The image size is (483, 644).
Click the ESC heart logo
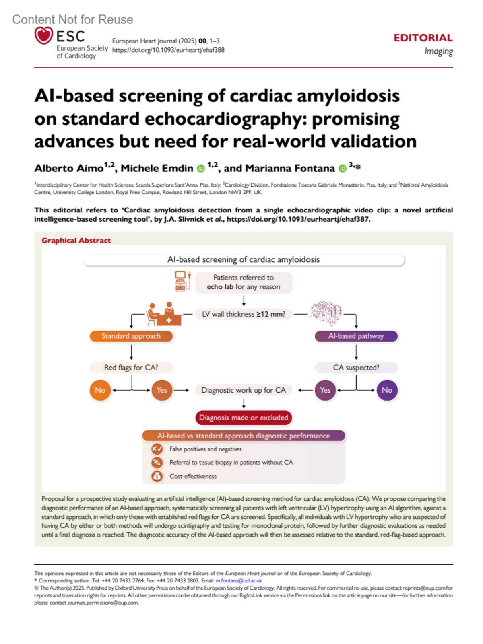point(43,35)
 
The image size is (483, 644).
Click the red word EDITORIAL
point(423,38)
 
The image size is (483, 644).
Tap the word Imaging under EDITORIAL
point(438,51)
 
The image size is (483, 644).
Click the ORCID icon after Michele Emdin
point(201,169)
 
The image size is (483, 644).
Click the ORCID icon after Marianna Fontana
point(343,169)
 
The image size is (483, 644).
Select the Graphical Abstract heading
point(76,240)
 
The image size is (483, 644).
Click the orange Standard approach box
point(131,336)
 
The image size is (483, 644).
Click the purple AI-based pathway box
point(356,336)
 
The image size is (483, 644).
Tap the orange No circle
point(100,390)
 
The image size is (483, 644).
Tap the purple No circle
point(387,390)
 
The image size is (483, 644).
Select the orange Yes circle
point(162,390)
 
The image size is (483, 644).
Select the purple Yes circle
point(325,390)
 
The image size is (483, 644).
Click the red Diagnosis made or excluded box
point(244,418)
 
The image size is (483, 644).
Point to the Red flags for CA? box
point(131,368)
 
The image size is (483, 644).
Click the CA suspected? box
point(356,368)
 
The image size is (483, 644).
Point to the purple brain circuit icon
point(326,313)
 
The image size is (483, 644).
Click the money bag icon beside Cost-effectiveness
point(157,476)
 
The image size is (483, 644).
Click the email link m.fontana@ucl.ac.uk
point(239,580)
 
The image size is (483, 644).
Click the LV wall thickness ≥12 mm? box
point(244,314)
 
